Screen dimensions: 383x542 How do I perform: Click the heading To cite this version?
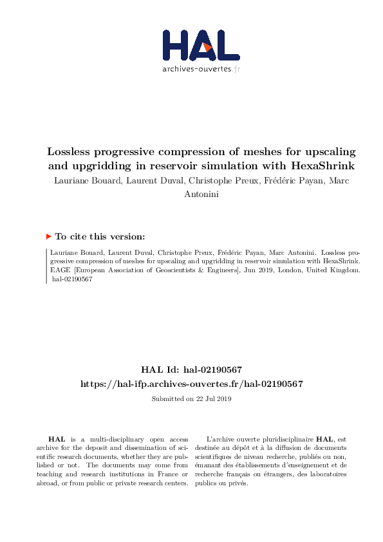100,236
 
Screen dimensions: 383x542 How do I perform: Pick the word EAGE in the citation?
61,272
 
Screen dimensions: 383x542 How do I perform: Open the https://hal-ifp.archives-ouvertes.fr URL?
191,384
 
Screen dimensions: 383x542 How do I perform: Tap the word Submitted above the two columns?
167,399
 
